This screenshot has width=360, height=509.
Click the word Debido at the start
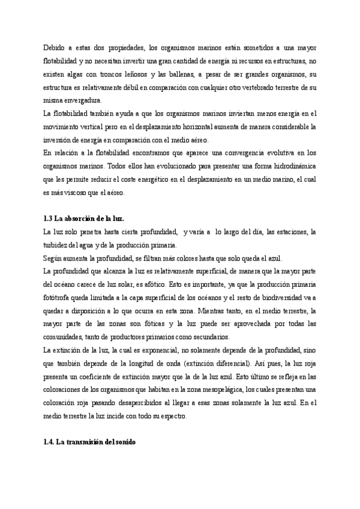pos(54,47)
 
